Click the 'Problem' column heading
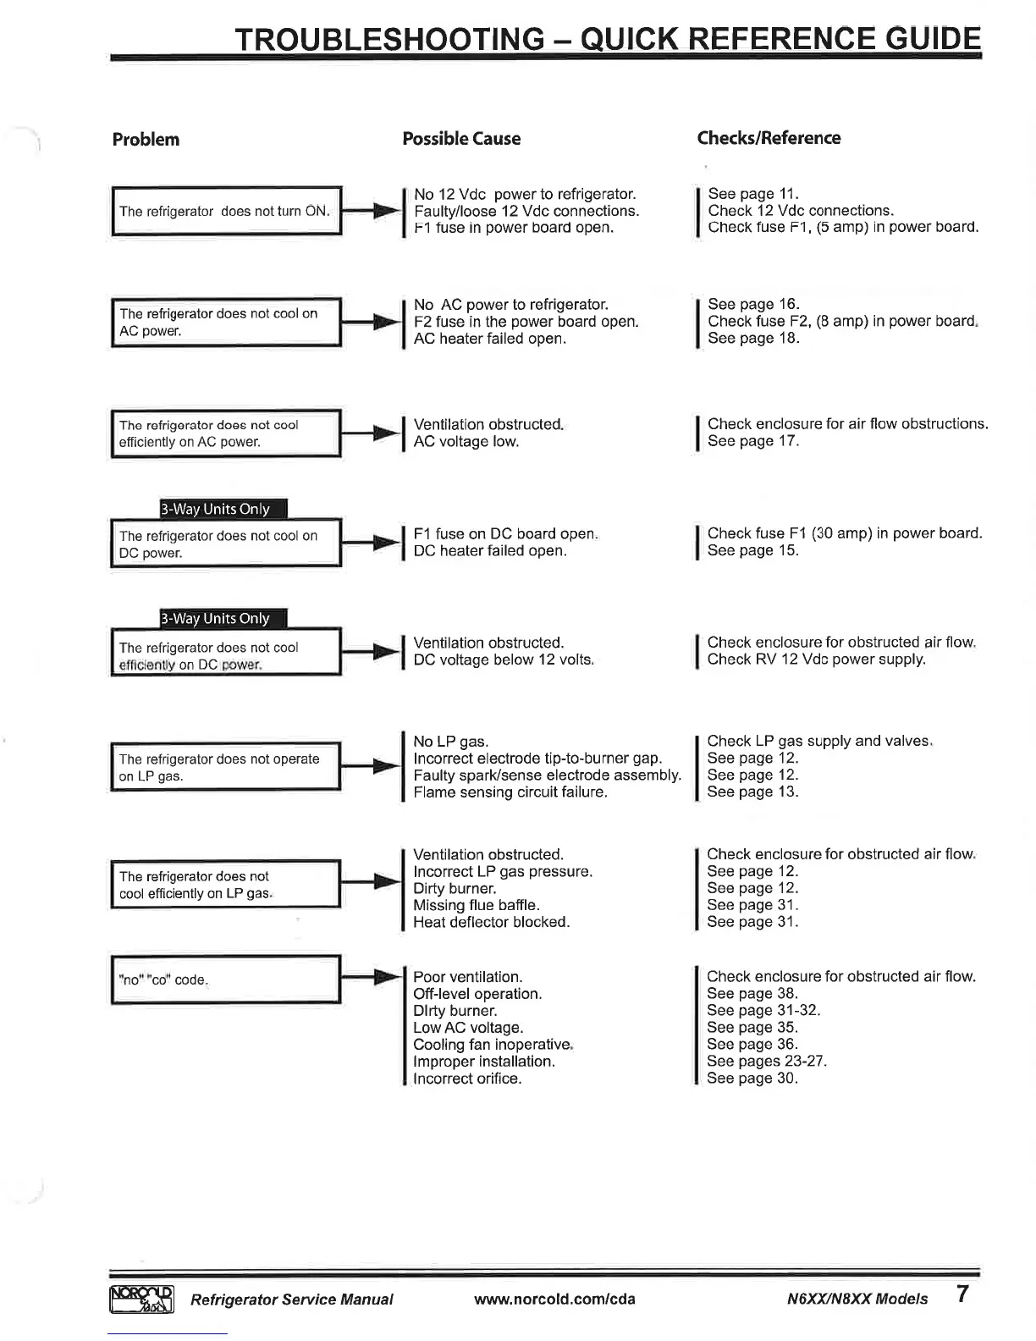[146, 140]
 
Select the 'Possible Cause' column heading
[461, 139]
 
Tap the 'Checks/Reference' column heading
[769, 138]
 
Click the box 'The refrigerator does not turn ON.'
[226, 211]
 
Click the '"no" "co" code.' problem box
[226, 980]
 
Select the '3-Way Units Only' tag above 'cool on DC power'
[224, 509]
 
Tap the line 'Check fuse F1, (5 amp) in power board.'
[843, 227]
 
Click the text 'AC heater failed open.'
[490, 339]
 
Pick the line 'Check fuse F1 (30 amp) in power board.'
[845, 533]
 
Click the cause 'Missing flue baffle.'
[476, 905]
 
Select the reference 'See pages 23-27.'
[767, 1061]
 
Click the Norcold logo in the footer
[141, 1298]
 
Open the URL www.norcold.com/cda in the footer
[554, 1299]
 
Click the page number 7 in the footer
[962, 1294]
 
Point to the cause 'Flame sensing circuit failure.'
[510, 792]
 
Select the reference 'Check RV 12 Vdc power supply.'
[816, 659]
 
